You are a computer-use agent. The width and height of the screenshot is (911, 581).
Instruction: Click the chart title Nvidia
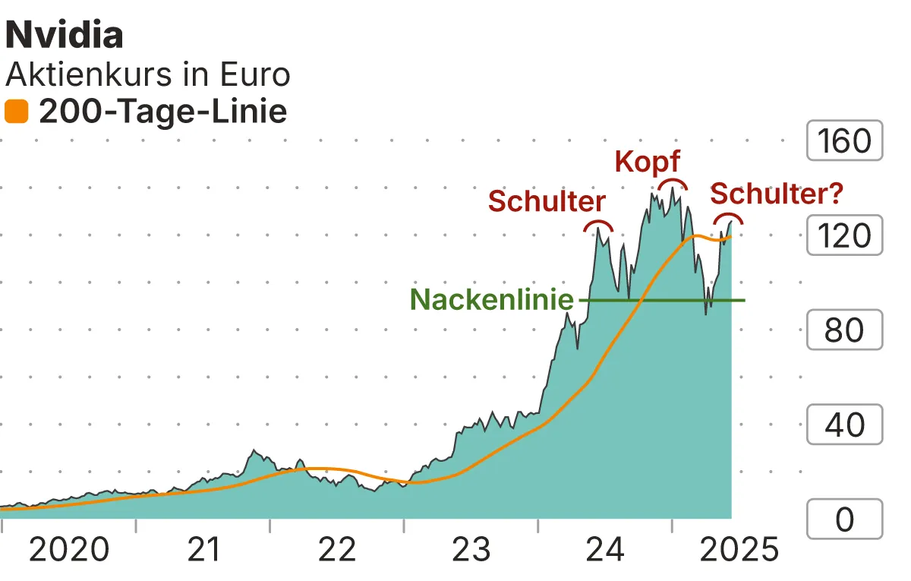coord(65,36)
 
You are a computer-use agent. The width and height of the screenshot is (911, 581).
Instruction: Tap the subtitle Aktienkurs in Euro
coord(148,74)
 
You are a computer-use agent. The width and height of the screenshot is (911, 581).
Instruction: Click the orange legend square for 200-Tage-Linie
coord(16,112)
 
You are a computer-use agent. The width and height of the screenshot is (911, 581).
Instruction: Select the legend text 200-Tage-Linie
coord(163,112)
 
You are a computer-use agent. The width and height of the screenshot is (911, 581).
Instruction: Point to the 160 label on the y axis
coord(844,141)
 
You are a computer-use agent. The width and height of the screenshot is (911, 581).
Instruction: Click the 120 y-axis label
coord(844,235)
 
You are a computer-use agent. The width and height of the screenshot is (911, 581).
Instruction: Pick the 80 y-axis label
coord(844,330)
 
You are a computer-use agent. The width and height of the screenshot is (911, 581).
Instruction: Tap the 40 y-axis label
coord(844,425)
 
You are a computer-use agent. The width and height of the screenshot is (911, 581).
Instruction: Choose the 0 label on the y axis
coord(844,520)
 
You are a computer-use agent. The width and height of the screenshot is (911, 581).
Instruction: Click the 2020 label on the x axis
coord(69,550)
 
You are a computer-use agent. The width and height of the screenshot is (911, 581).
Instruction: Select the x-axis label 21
coord(203,550)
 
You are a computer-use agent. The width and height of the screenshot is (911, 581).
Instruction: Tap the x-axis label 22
coord(337,550)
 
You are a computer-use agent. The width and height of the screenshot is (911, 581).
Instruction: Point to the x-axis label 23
coord(471,550)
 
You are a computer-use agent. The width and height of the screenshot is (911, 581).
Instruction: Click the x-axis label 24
coord(605,550)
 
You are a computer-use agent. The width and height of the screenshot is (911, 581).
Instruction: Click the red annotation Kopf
coord(647,161)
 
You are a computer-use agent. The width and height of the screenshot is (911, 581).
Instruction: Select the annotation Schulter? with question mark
coord(777,194)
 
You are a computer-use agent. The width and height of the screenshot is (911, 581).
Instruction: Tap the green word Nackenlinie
coord(492,300)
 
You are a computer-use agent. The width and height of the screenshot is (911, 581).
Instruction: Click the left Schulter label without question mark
coord(547,201)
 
